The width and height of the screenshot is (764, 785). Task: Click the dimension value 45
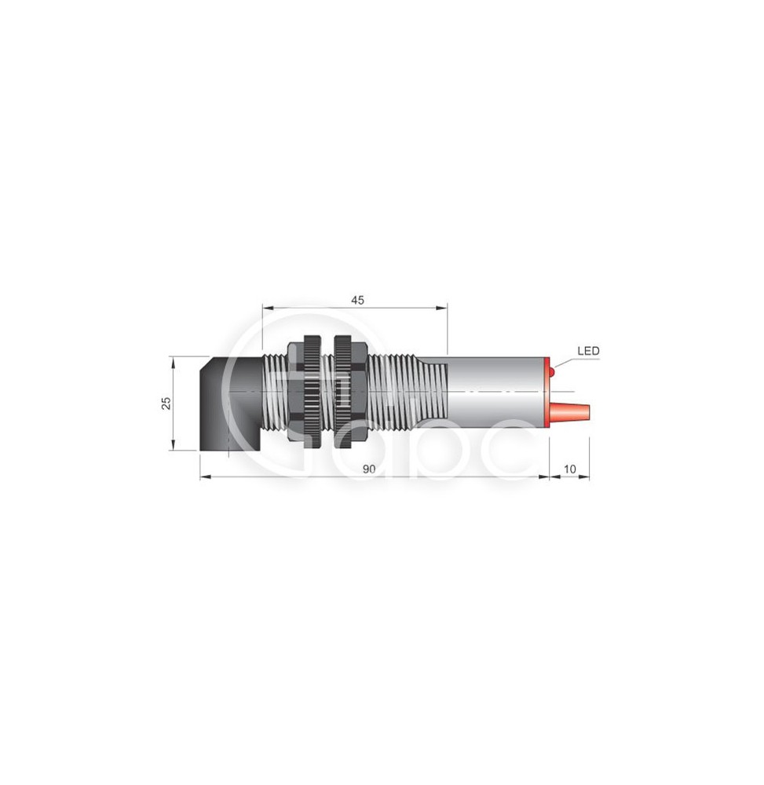click(357, 300)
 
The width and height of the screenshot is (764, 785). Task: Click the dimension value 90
click(368, 469)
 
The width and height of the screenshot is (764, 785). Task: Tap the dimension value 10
click(570, 469)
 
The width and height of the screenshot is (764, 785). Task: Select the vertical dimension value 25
click(166, 403)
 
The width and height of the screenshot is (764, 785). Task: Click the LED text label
click(588, 351)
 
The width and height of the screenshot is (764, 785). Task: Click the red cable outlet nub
click(571, 411)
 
